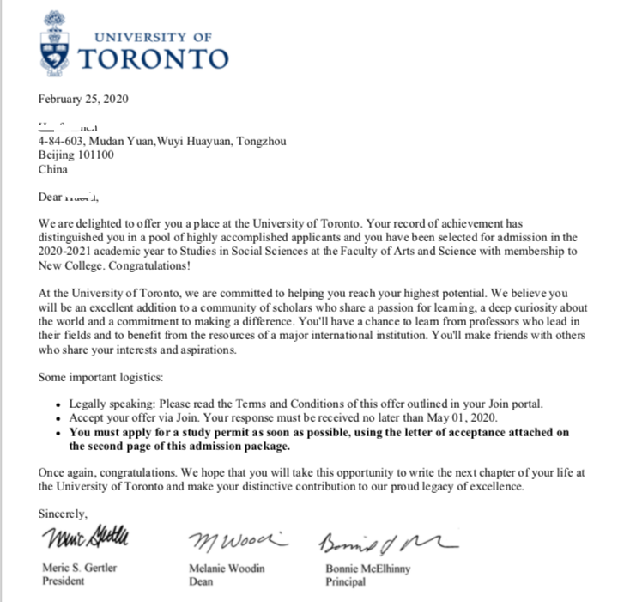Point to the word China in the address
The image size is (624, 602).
[x=52, y=169]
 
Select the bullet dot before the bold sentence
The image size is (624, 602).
[x=58, y=433]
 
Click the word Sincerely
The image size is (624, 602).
[x=63, y=514]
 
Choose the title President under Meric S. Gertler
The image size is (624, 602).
[x=64, y=581]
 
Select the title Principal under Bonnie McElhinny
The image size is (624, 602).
[x=345, y=581]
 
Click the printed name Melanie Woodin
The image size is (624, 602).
[x=227, y=569]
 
